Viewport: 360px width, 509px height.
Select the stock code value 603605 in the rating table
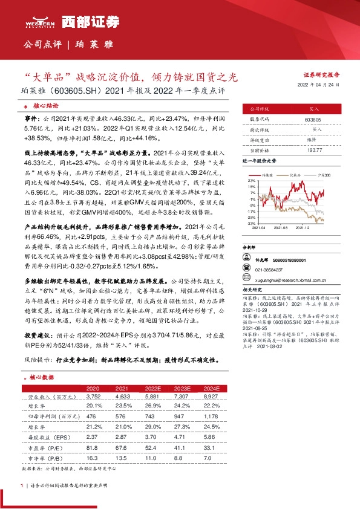point(313,120)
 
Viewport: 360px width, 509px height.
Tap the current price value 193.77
point(313,149)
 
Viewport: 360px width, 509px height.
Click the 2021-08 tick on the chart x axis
point(282,228)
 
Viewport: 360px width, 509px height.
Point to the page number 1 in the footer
point(22,485)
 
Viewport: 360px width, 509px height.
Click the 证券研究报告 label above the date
point(321,76)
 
